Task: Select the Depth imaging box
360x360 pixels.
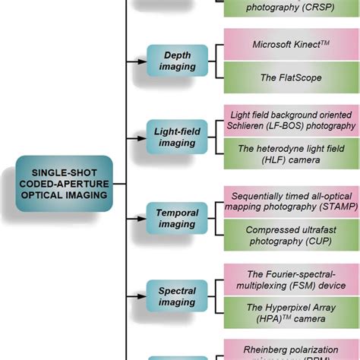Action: coord(177,60)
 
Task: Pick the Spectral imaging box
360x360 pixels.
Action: coord(177,296)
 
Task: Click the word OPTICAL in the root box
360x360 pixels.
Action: coord(45,195)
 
